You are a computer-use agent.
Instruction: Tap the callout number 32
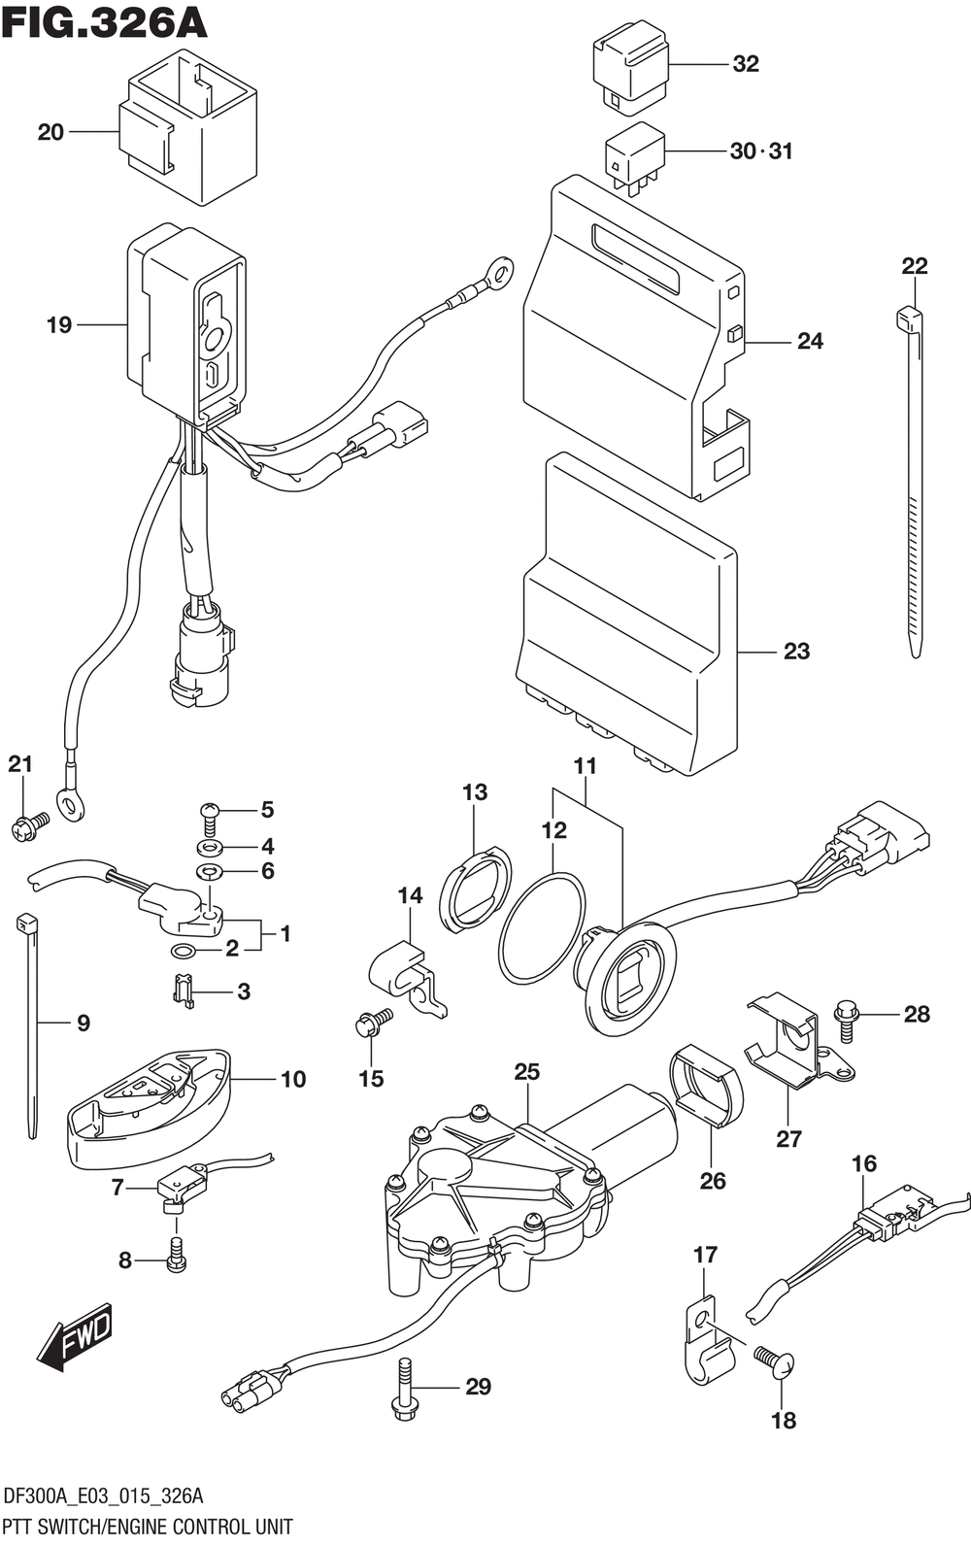745,64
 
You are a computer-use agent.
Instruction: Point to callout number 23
796,651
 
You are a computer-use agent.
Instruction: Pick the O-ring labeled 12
542,926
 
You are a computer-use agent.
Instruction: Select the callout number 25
526,1072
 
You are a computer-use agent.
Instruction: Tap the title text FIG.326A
105,21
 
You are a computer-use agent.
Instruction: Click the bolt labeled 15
372,1024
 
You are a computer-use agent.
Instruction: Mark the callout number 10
292,1079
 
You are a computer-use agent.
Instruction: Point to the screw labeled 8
176,1255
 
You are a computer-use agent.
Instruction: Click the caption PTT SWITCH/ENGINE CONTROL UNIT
149,1527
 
